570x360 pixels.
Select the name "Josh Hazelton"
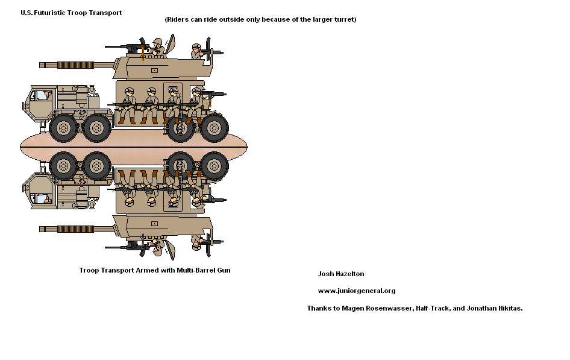[x=341, y=274]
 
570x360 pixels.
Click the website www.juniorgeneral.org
[x=357, y=291]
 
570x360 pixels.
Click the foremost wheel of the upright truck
[x=63, y=128]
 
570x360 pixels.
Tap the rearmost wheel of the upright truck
[x=214, y=128]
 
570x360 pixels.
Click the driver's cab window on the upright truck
[x=41, y=95]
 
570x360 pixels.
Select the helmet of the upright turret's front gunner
[x=158, y=42]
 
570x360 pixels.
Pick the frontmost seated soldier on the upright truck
[x=129, y=106]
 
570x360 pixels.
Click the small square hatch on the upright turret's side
[x=154, y=71]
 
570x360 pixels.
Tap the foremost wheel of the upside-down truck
[x=63, y=166]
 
